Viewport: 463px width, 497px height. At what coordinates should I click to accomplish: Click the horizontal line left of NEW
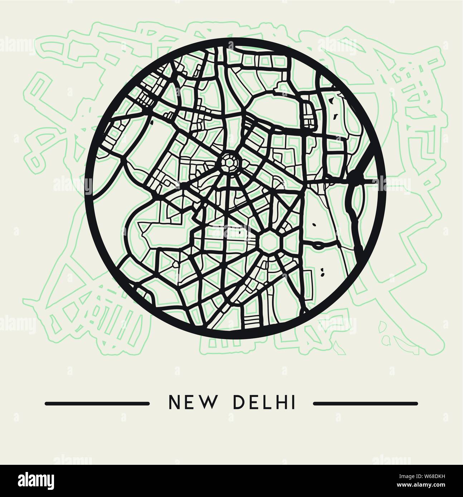[x=97, y=404]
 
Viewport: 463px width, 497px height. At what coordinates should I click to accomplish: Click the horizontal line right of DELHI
[x=365, y=404]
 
